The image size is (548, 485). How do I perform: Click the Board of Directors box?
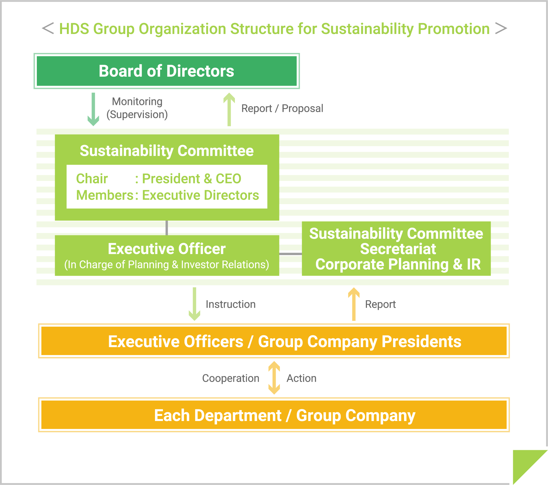pos(167,71)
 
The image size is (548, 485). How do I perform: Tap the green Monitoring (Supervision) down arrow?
pos(93,109)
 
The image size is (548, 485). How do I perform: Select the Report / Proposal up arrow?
pos(229,109)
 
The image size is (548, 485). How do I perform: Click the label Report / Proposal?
pos(282,108)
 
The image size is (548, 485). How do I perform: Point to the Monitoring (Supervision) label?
pos(137,108)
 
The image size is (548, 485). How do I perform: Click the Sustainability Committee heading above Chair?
pos(167,151)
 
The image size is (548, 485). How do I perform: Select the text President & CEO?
pos(192,179)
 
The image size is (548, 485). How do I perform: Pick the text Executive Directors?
pos(201,195)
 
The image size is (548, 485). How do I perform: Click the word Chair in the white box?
pos(92,179)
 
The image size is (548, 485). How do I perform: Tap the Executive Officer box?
pos(167,255)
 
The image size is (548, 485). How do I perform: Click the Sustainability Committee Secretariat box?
pos(396,249)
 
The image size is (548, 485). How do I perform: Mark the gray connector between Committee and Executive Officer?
pos(167,228)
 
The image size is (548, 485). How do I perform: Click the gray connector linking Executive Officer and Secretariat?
pos(290,254)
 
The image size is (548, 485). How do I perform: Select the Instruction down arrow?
pos(194,304)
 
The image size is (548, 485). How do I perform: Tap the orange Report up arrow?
pos(354,304)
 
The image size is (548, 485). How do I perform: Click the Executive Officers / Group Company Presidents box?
pos(274,341)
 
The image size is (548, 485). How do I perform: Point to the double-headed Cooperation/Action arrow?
pos(274,378)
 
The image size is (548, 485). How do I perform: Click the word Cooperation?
pos(231,378)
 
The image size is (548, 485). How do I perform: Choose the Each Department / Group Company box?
pos(274,415)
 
